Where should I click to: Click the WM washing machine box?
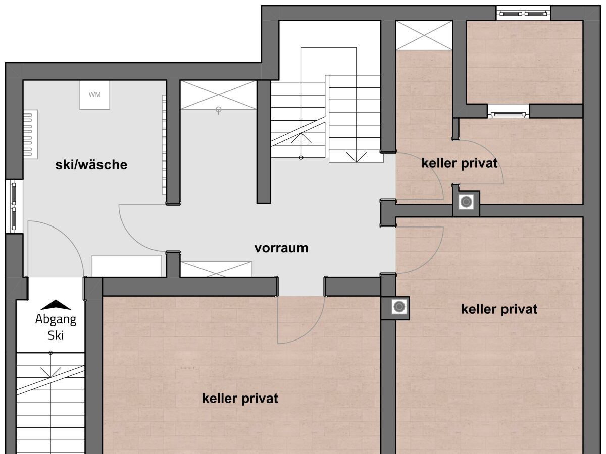tap(94, 94)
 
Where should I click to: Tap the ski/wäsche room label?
tap(91, 165)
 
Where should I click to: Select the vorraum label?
tap(281, 248)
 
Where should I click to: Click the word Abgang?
tap(56, 319)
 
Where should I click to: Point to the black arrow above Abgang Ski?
tap(56, 305)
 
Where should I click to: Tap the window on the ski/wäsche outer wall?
tap(14, 206)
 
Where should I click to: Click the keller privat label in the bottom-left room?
tap(240, 399)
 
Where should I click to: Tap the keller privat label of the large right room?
tap(499, 309)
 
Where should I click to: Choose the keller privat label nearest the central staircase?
tap(460, 163)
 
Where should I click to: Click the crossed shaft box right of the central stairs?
tap(424, 35)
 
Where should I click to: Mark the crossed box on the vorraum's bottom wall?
tap(216, 269)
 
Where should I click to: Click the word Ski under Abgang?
tap(56, 336)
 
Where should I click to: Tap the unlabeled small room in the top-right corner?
tap(524, 62)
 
